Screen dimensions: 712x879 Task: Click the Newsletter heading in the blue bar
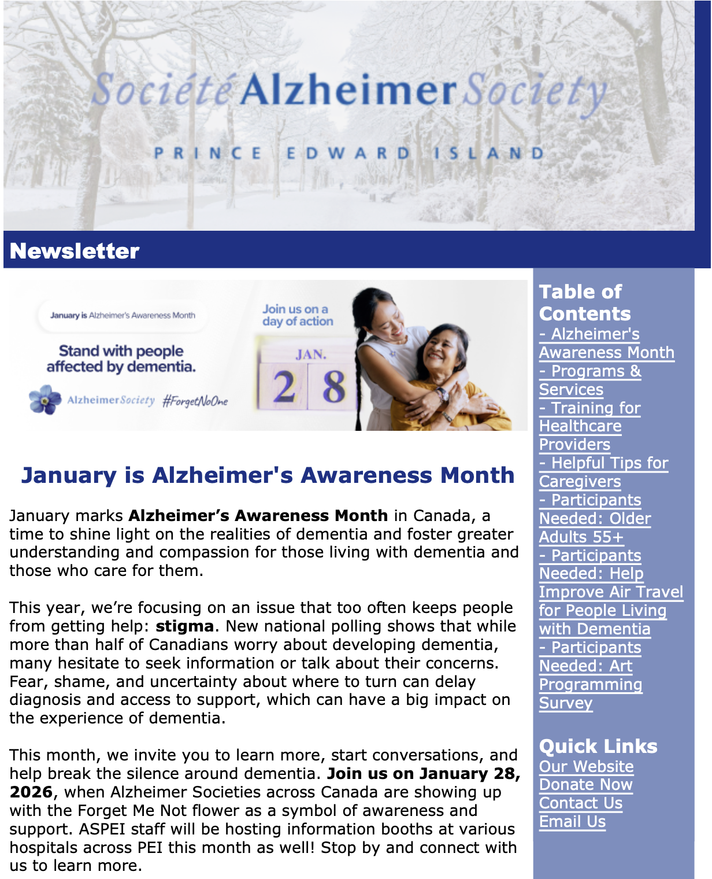75,251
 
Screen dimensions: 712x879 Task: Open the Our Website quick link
586,767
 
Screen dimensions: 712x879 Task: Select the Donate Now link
585,785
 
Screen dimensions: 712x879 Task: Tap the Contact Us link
580,803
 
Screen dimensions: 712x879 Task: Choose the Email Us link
572,822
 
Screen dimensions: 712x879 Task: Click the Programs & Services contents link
589,381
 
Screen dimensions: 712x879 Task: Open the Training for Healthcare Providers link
589,426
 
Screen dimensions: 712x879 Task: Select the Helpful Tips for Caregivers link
603,472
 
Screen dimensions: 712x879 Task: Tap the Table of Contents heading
584,302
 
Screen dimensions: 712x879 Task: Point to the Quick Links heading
598,746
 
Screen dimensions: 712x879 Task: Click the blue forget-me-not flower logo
45,400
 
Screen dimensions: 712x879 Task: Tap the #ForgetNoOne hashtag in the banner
195,401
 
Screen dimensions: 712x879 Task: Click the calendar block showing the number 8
333,386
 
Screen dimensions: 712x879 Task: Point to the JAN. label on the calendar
311,354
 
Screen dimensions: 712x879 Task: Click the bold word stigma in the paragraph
184,626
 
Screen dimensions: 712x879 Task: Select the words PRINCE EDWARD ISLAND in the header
349,153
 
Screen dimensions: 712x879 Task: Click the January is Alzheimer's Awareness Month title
268,475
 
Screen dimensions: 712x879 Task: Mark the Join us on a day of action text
297,315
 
